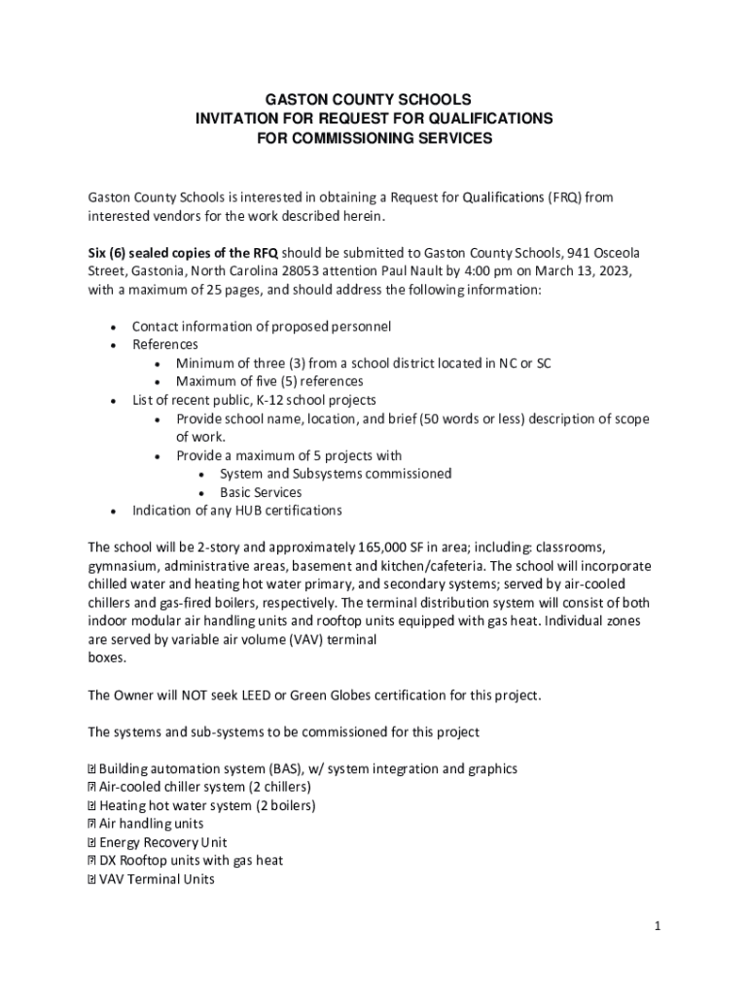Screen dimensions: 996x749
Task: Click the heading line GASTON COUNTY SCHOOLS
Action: [x=374, y=99]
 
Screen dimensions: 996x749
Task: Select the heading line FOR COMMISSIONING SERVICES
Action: [x=374, y=138]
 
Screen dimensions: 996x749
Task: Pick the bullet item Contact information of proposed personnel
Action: [x=261, y=327]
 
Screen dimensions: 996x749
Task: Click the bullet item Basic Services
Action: [x=260, y=492]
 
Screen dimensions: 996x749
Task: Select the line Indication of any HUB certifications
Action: [x=236, y=511]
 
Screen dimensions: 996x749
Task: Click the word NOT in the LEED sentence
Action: [x=182, y=695]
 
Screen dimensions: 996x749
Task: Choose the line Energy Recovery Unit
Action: [x=162, y=842]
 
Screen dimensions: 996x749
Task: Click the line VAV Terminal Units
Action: [x=157, y=879]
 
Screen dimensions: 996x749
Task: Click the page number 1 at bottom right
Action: [x=658, y=927]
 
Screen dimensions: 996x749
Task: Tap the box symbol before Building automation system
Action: [x=91, y=769]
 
